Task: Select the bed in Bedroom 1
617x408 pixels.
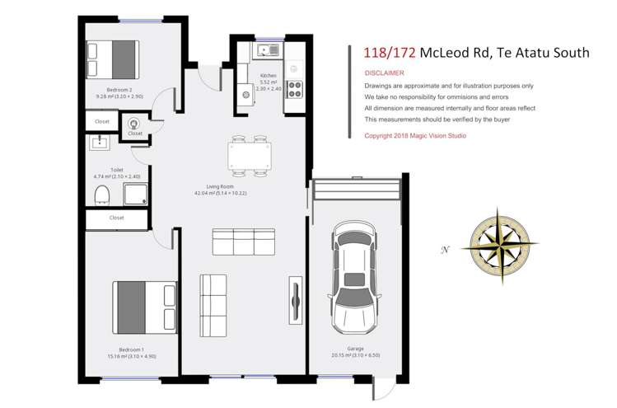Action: (145, 307)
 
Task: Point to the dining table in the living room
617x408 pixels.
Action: (250, 156)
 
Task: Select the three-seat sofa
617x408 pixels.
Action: (243, 242)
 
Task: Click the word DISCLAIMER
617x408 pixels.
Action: (384, 73)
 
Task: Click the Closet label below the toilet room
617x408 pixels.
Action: (116, 218)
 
